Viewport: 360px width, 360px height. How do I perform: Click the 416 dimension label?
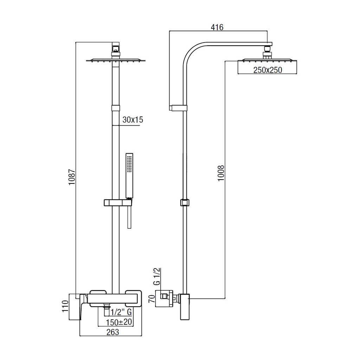tap(217, 27)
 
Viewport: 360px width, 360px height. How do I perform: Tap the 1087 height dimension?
tap(72, 177)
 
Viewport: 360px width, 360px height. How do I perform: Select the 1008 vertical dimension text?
tap(221, 173)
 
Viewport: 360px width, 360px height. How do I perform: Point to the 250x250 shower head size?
tap(268, 70)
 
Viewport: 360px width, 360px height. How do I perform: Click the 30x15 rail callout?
tap(133, 120)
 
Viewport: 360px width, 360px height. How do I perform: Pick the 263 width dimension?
tap(113, 332)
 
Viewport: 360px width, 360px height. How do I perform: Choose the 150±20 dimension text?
tap(119, 322)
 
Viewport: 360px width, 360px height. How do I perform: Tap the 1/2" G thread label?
tap(121, 312)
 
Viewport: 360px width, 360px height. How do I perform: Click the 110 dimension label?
tap(65, 306)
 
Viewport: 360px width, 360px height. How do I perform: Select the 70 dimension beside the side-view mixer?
tap(152, 299)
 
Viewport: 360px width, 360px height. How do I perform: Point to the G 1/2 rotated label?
tap(157, 276)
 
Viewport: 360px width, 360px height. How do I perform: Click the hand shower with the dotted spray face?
tap(129, 175)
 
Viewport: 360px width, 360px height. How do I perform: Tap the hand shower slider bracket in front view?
tap(118, 202)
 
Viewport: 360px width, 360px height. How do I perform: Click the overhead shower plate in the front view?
tap(116, 60)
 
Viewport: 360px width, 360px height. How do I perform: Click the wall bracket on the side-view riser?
tap(178, 108)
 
